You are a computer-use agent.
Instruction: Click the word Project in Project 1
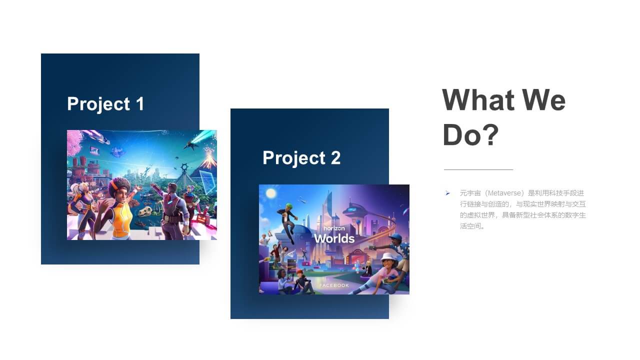click(x=99, y=104)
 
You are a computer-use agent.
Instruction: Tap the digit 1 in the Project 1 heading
click(x=140, y=103)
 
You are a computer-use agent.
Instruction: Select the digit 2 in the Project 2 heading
click(x=335, y=157)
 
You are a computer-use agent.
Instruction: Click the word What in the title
click(x=478, y=99)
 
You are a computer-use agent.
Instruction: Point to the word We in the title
click(x=544, y=99)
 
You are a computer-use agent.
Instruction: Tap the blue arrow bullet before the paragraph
click(x=447, y=193)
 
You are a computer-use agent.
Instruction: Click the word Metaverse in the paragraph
click(x=504, y=193)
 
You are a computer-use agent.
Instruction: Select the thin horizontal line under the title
click(x=478, y=169)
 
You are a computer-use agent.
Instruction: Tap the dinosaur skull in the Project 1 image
click(x=145, y=212)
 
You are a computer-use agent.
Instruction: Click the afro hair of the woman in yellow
click(x=119, y=186)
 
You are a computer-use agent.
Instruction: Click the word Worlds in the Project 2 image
click(x=334, y=238)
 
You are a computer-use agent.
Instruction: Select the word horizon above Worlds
click(x=334, y=228)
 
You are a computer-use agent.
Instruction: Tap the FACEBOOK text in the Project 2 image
click(x=334, y=285)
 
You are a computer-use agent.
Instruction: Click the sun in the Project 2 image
click(x=271, y=193)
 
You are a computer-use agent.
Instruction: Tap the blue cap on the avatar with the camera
click(x=395, y=237)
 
